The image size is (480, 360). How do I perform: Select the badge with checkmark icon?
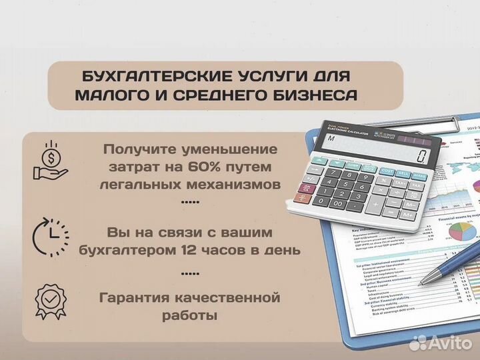51,304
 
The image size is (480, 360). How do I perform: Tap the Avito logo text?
449,343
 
